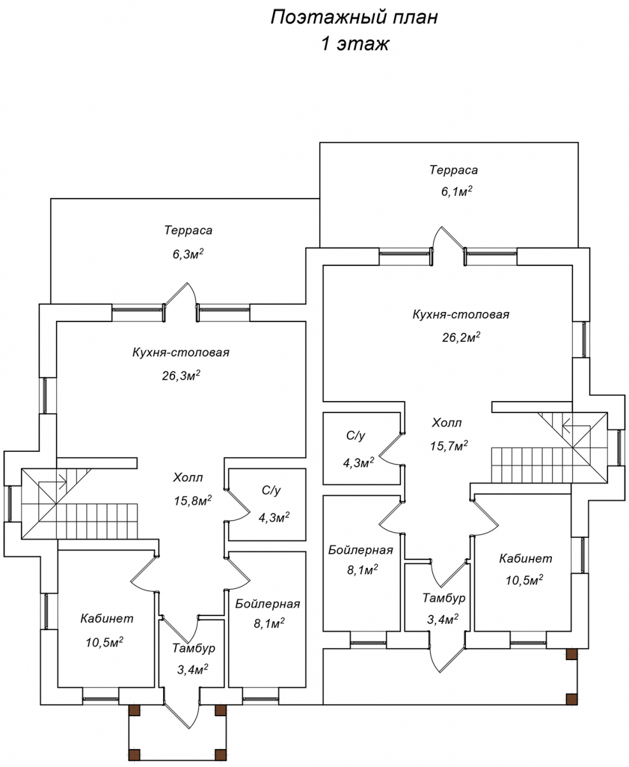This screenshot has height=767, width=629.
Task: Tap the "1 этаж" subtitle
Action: pos(355,44)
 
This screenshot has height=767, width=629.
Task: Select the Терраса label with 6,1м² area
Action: pos(453,170)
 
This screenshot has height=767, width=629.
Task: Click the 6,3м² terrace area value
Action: pos(188,254)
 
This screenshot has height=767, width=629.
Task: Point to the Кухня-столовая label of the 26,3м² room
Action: pos(181,352)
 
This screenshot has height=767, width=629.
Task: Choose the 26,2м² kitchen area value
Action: pos(461,337)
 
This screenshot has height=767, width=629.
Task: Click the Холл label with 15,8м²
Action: pos(188,477)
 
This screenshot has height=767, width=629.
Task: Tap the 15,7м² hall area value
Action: pos(449,445)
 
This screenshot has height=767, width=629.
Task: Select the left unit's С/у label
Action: pos(271,491)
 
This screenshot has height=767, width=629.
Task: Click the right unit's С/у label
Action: pos(355,435)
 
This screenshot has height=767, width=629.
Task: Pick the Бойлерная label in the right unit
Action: pos(360,550)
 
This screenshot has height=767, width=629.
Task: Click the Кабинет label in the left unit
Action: pos(107,618)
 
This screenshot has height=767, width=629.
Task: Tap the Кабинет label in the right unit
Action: pos(525,558)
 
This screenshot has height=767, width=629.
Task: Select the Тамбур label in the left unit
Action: pos(194,658)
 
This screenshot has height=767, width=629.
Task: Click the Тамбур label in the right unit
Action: pos(444,598)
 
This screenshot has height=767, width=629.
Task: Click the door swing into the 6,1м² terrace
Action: pos(448,238)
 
